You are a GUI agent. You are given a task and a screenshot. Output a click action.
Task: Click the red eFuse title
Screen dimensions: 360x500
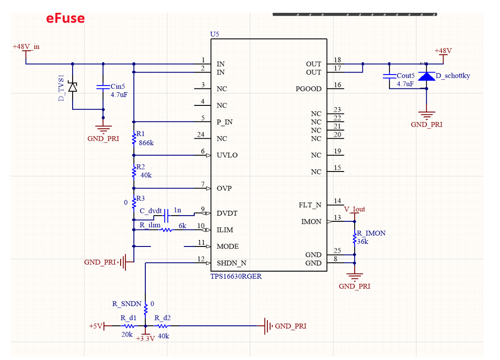[65, 19]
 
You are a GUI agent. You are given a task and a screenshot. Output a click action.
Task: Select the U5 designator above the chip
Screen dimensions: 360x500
[215, 34]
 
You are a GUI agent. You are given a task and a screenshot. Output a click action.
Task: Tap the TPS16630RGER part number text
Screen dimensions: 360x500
[236, 276]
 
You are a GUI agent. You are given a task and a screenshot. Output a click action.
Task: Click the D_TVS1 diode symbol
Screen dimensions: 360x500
[73, 87]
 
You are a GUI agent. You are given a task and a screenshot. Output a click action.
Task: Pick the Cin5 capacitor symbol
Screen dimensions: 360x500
[103, 87]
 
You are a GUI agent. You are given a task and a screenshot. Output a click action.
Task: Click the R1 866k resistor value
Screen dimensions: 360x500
[146, 142]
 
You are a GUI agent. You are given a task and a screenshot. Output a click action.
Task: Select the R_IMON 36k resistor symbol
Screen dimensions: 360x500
[354, 239]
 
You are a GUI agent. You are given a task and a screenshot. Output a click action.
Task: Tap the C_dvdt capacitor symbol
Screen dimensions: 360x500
[166, 217]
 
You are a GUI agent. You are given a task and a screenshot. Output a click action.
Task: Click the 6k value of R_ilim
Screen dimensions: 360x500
[182, 226]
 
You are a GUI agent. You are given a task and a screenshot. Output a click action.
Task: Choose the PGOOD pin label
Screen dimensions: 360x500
[308, 89]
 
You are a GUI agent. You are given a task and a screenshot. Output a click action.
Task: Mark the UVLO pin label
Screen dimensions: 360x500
[227, 155]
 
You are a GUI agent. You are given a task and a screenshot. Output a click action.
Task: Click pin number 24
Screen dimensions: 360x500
[201, 135]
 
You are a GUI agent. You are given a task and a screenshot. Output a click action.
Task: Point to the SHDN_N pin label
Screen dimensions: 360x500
[231, 263]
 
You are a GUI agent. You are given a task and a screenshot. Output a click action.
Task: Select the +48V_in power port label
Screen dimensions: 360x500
[26, 47]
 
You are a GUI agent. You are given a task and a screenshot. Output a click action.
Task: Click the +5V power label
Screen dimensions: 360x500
[95, 326]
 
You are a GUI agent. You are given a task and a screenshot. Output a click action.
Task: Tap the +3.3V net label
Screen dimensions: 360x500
[145, 339]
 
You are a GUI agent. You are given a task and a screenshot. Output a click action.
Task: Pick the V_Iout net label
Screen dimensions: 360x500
[354, 209]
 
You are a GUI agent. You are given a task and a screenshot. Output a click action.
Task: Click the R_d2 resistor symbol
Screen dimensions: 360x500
[162, 326]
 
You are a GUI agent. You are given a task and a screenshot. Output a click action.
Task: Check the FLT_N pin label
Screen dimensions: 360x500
[310, 205]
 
